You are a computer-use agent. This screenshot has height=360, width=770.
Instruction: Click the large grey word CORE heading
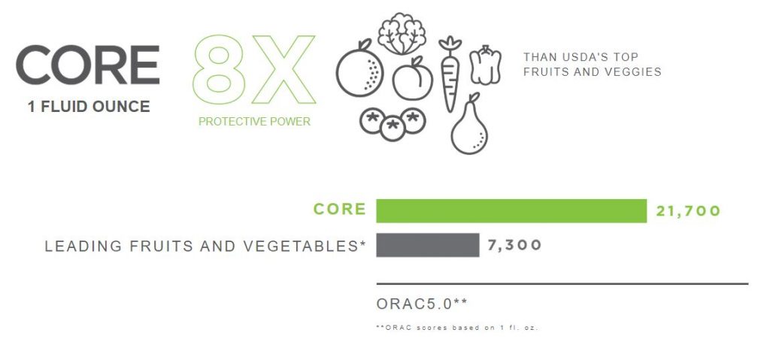click(x=88, y=65)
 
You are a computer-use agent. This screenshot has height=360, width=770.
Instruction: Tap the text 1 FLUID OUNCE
click(x=89, y=107)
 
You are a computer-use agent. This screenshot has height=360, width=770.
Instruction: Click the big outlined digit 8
click(x=219, y=69)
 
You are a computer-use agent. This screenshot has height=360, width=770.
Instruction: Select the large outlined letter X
click(x=283, y=69)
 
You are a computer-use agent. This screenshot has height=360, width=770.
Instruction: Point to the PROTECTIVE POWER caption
click(x=254, y=121)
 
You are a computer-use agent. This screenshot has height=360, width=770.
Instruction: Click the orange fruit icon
click(x=359, y=68)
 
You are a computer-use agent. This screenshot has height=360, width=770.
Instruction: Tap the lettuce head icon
click(x=402, y=33)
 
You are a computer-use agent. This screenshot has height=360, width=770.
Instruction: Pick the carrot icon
click(x=450, y=74)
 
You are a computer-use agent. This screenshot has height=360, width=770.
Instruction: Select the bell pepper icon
click(x=485, y=65)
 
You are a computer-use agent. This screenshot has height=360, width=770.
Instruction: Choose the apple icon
click(x=413, y=79)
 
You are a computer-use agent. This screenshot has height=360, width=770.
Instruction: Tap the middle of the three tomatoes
click(x=393, y=128)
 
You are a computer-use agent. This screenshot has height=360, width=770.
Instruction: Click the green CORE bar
click(x=511, y=210)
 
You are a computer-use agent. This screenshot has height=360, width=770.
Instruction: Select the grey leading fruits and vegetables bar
click(x=428, y=245)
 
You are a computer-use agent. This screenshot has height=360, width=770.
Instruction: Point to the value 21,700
click(x=688, y=211)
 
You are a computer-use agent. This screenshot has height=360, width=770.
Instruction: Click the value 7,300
click(x=514, y=244)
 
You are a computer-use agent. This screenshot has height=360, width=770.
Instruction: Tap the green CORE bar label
click(x=339, y=209)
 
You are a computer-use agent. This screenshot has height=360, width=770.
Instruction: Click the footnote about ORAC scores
click(x=456, y=327)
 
